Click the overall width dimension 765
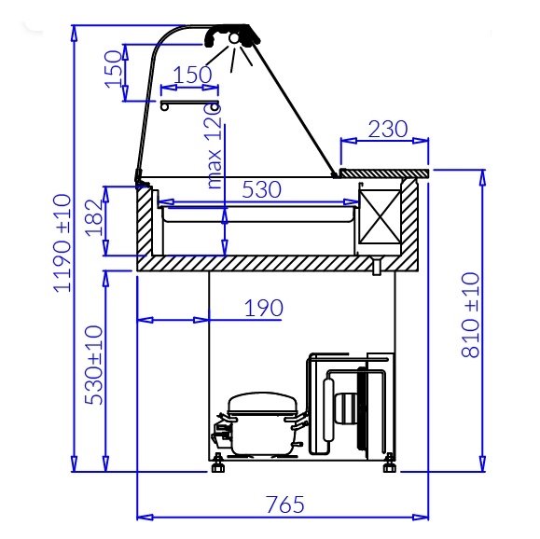(285, 504)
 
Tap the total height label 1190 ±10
(62, 243)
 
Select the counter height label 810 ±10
(470, 315)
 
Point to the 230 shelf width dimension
(388, 129)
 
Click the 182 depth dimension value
(94, 217)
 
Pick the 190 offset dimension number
(264, 308)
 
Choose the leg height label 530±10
(93, 365)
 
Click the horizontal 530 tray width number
(262, 189)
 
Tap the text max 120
(214, 146)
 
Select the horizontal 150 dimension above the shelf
(192, 75)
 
